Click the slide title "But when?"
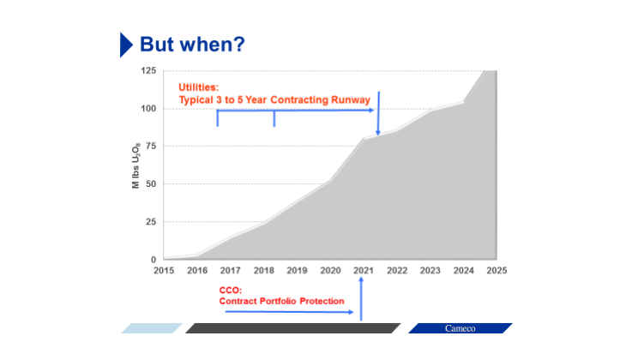(x=192, y=44)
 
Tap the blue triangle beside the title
(x=126, y=44)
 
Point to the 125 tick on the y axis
(x=148, y=70)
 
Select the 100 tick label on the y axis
(x=148, y=108)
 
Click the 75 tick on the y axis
(x=150, y=146)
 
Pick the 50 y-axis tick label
(x=150, y=183)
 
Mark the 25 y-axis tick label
(x=150, y=221)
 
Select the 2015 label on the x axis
(x=164, y=270)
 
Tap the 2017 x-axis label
(x=230, y=270)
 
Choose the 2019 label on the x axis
(x=297, y=270)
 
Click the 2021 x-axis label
(x=363, y=270)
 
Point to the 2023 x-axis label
(x=430, y=270)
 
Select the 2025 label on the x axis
(x=497, y=270)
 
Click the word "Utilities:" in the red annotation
(x=199, y=87)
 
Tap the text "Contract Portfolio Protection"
(x=281, y=301)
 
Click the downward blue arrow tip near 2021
(x=378, y=133)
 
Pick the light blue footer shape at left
(x=151, y=328)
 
